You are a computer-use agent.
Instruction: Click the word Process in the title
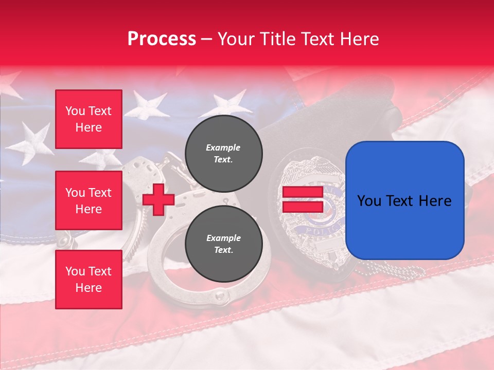click(x=162, y=39)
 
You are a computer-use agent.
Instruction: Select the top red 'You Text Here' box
click(x=89, y=119)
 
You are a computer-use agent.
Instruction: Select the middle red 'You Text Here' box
click(x=89, y=200)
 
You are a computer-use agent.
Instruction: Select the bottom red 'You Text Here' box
click(x=89, y=279)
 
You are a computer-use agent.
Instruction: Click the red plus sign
click(x=158, y=200)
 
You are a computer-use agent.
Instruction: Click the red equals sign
click(x=303, y=200)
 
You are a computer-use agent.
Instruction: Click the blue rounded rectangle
click(x=404, y=200)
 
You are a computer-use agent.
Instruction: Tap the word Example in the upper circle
click(x=223, y=147)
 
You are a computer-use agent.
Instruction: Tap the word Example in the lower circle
click(x=223, y=238)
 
